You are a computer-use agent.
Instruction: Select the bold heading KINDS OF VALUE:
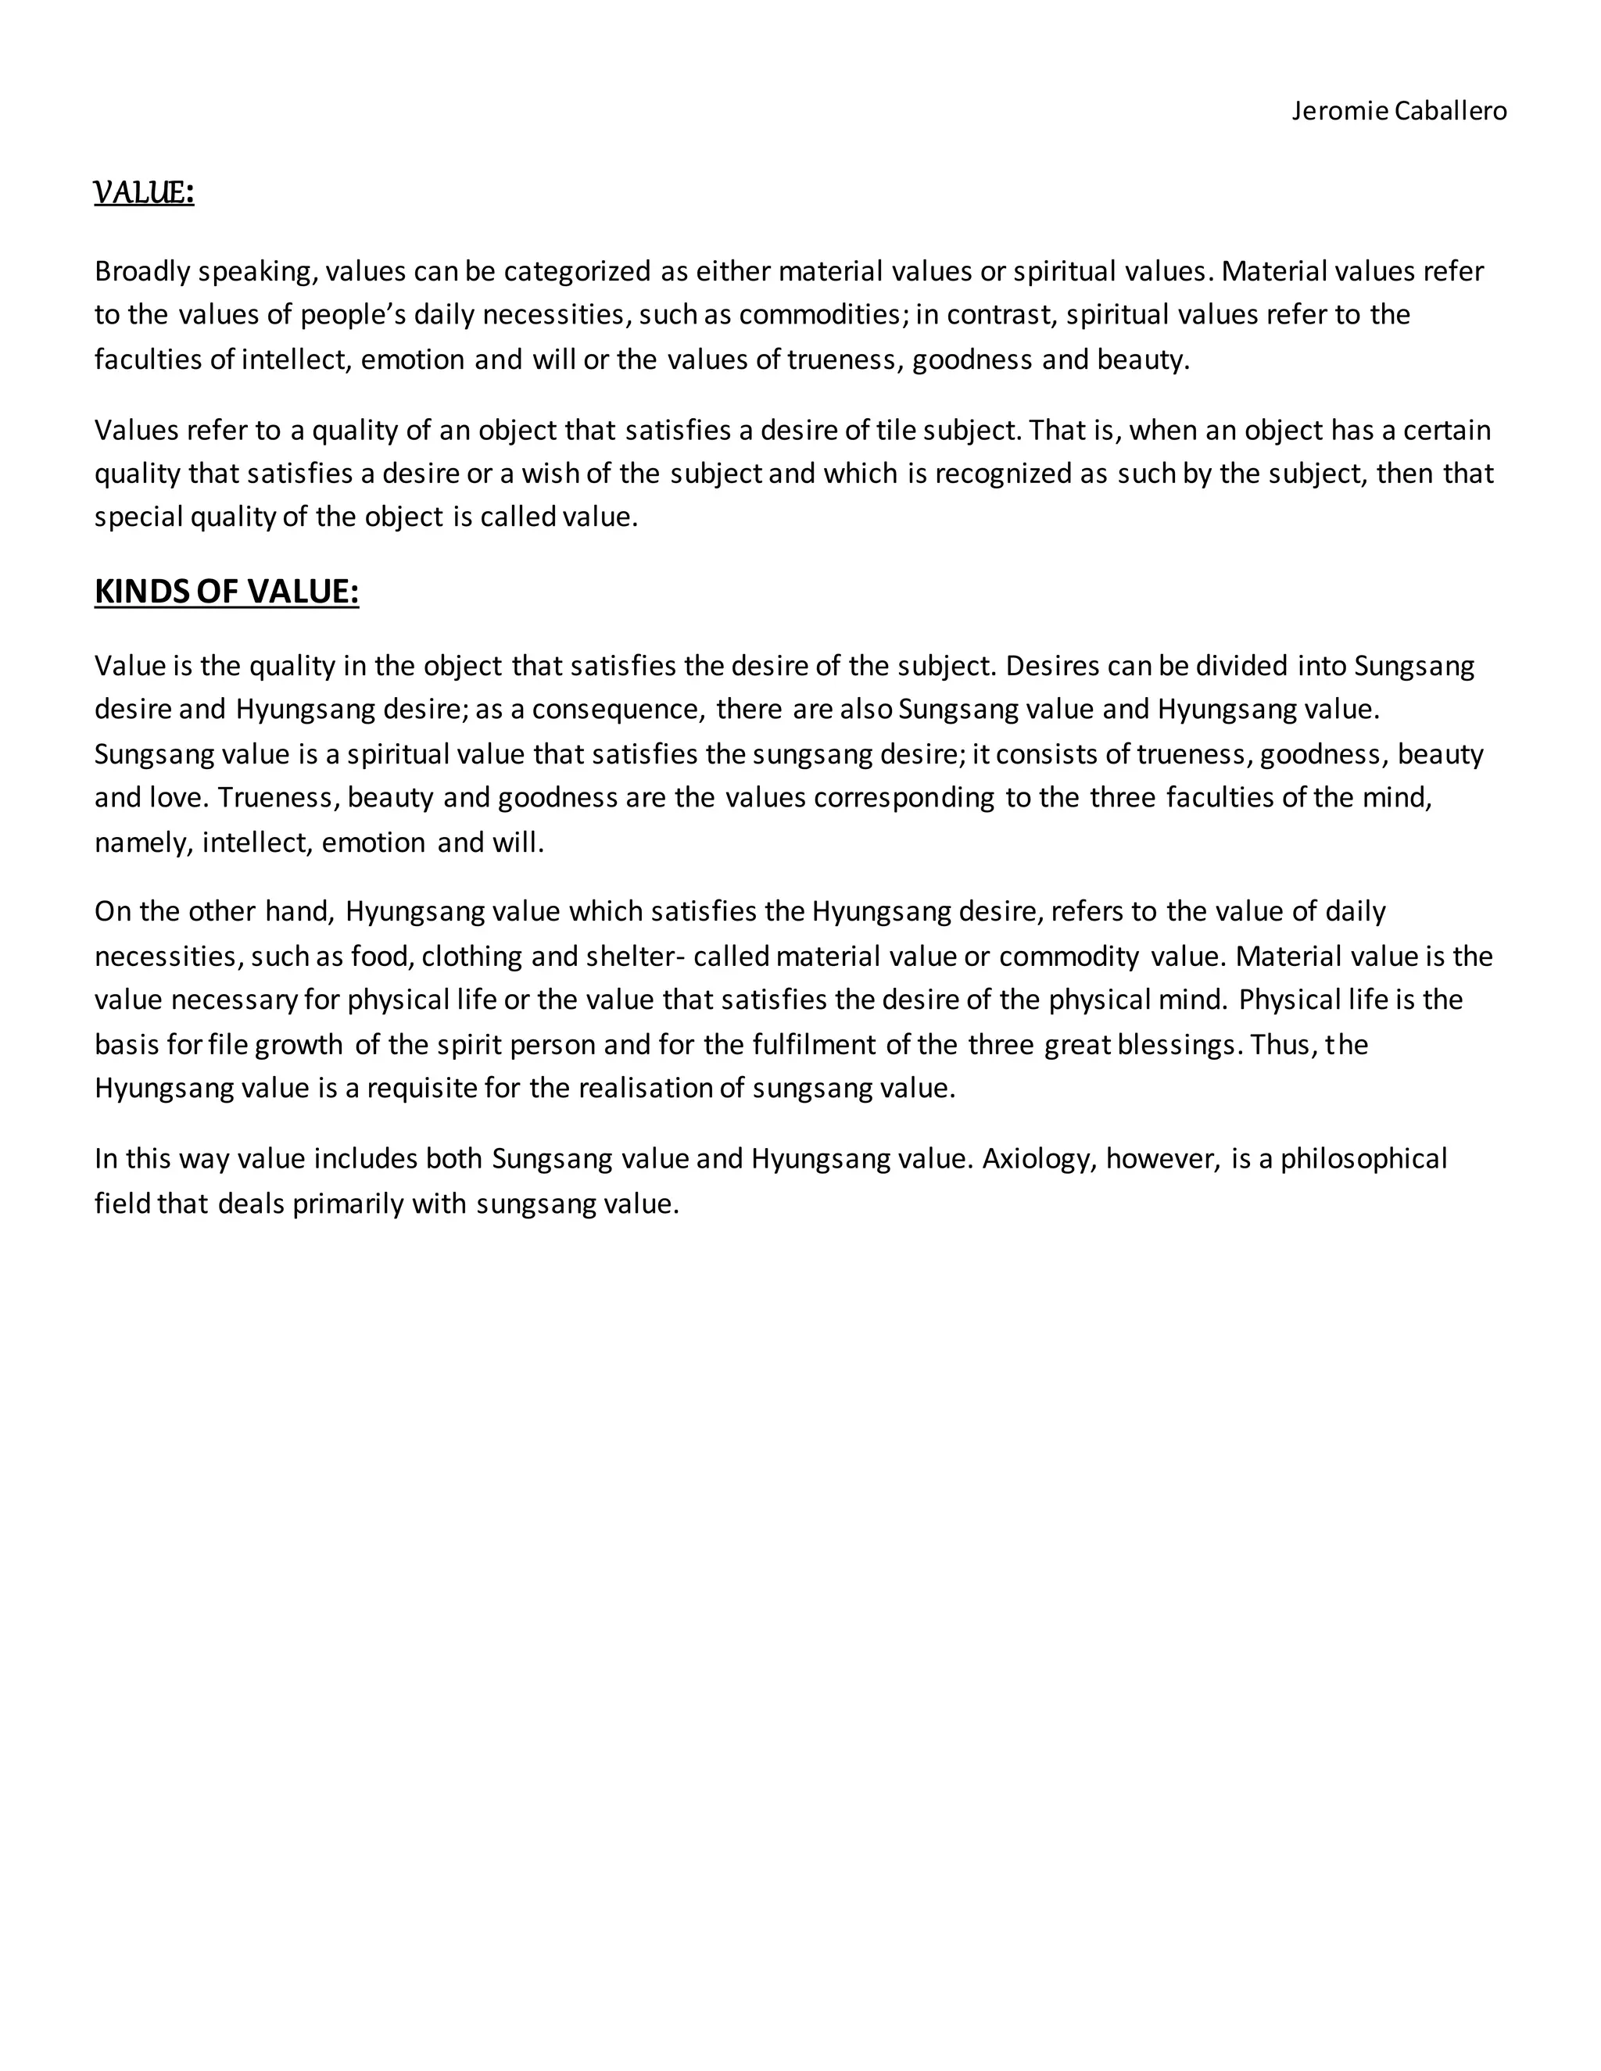[227, 592]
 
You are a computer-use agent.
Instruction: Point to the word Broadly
[142, 272]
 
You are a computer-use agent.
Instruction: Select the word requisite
[421, 1088]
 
